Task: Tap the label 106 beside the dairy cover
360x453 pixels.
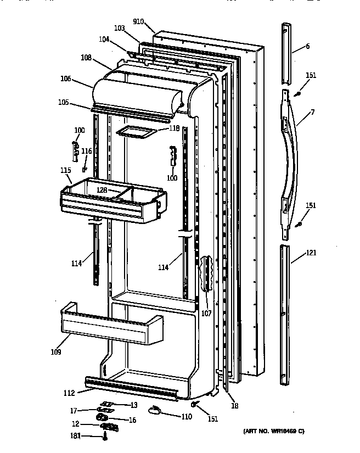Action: [66, 78]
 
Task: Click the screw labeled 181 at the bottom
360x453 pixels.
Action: [105, 437]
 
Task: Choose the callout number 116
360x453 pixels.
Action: [87, 151]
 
